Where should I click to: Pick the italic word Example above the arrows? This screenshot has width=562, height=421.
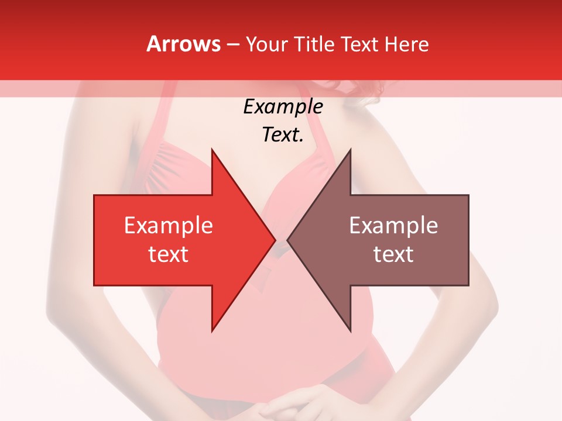(x=283, y=107)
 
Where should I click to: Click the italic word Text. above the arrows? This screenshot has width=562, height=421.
(x=283, y=135)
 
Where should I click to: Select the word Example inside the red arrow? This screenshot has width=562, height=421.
(x=169, y=226)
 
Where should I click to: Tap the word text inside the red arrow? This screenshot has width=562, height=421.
(x=169, y=254)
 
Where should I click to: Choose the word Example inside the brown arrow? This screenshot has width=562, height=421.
(x=393, y=226)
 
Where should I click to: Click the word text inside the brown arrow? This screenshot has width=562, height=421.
(x=393, y=254)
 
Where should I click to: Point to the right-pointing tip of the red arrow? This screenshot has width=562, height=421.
(x=275, y=240)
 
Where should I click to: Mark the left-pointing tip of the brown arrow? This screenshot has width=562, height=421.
(x=288, y=240)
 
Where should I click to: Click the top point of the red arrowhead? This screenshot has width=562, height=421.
(x=212, y=150)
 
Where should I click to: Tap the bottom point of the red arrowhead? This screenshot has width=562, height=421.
(x=212, y=330)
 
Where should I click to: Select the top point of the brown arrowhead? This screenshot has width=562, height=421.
(x=350, y=150)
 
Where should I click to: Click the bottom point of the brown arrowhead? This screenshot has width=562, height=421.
(x=350, y=330)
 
